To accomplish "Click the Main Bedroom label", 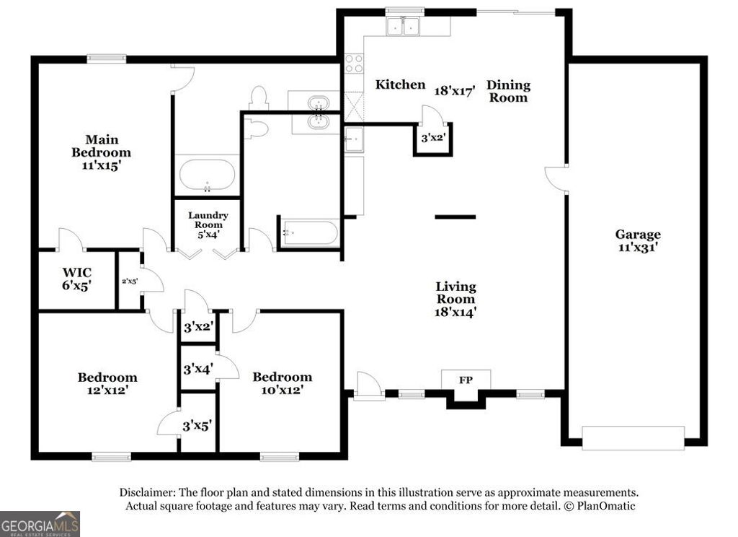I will click(102, 152).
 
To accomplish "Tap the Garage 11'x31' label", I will click(637, 240).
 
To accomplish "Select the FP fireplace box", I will click(466, 380).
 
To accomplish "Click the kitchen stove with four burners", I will click(353, 64).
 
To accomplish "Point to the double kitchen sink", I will click(403, 27).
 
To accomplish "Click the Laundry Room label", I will click(208, 224).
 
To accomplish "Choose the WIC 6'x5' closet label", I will click(76, 279).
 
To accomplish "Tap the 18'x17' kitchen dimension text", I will click(455, 91).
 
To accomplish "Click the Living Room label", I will click(455, 299).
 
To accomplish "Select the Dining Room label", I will click(509, 91).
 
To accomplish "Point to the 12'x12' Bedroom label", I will click(107, 383).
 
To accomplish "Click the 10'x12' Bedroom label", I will click(282, 383).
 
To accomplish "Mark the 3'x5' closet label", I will click(197, 426).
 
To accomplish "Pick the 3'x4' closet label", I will click(197, 369).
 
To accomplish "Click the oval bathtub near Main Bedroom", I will click(207, 175).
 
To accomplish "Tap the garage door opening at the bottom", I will click(633, 437).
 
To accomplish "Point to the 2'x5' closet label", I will click(129, 281).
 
